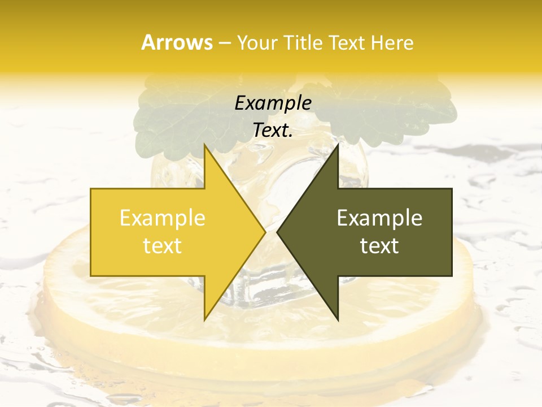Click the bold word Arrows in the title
point(177,42)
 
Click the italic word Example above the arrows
point(273,103)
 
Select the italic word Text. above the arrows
point(273,130)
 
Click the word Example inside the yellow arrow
point(162,218)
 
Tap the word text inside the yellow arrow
point(162,246)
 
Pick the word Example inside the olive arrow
point(379,218)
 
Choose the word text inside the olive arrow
point(379,246)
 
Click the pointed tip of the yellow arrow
point(264,232)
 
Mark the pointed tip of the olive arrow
point(278,232)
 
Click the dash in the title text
point(224,43)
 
